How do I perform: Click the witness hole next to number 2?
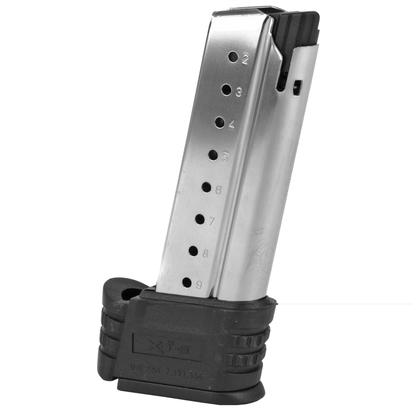coord(233,57)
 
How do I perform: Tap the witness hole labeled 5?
coord(213,154)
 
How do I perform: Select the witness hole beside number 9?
coord(187,282)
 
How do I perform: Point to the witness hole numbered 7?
coord(200,219)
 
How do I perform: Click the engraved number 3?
coord(239,93)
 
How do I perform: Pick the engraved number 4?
coord(231,125)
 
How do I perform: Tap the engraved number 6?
coord(218,190)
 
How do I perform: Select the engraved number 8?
coord(205,254)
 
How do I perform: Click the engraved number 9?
coord(199,285)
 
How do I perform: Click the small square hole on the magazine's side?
coord(297,87)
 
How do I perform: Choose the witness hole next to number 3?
coord(227,90)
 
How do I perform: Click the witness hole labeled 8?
coord(193,251)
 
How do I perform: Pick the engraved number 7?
coord(212,221)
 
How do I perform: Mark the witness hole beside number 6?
coord(206,187)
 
